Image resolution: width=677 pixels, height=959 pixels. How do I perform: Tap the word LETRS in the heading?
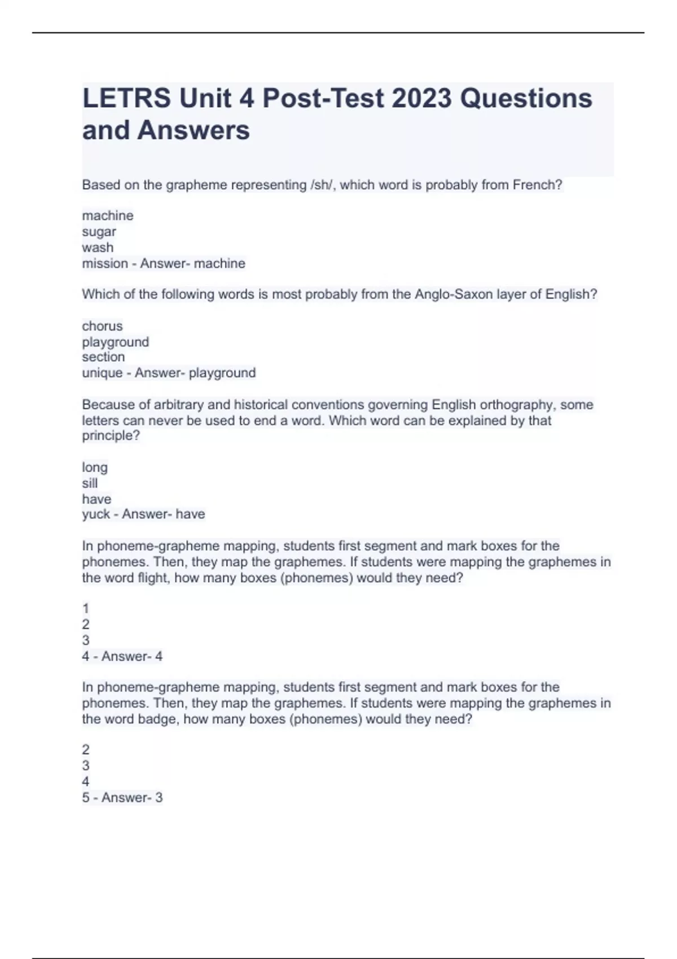pos(126,99)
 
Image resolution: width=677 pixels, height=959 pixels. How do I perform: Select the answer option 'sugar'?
pos(99,232)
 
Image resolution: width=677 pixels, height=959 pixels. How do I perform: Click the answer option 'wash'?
pos(98,248)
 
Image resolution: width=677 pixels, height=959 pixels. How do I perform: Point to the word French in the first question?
pos(537,185)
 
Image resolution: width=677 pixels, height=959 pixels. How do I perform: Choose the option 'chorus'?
pos(102,326)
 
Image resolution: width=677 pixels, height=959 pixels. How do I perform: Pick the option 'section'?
pos(103,357)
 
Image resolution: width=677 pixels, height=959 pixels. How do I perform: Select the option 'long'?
pos(95,468)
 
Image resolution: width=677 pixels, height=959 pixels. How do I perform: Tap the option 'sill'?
pos(90,483)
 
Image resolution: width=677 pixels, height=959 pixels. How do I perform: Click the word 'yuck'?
pos(96,514)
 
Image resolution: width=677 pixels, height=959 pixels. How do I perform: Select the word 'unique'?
pos(102,373)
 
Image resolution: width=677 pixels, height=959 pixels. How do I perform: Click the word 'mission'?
pos(105,263)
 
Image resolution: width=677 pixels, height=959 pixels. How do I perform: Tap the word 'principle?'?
pos(111,436)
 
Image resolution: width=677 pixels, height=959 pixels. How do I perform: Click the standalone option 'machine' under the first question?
pos(108,216)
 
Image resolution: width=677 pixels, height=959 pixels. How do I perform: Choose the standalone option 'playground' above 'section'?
pos(116,342)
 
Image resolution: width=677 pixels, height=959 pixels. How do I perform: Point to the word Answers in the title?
pos(194,130)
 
